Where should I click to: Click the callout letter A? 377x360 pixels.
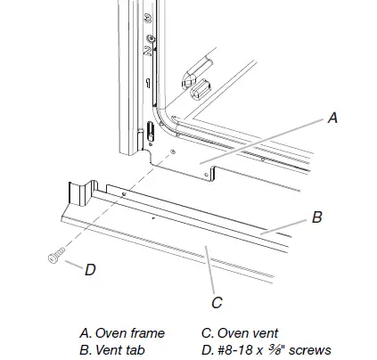pyautogui.click(x=333, y=118)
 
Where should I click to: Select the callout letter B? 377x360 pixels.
pyautogui.click(x=317, y=217)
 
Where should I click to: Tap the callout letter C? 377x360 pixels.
pyautogui.click(x=217, y=303)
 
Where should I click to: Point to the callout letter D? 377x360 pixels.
pyautogui.click(x=90, y=270)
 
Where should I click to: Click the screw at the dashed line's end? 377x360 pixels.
pyautogui.click(x=56, y=256)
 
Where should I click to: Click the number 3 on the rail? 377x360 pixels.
pyautogui.click(x=148, y=19)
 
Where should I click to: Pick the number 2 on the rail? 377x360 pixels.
pyautogui.click(x=147, y=51)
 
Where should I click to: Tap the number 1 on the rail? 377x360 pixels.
pyautogui.click(x=148, y=83)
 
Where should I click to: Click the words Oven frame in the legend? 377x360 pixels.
pyautogui.click(x=130, y=333)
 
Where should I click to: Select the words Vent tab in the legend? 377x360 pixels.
pyautogui.click(x=120, y=350)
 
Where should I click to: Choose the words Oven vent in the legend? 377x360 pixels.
pyautogui.click(x=248, y=333)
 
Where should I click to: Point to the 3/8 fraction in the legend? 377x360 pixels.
pyautogui.click(x=275, y=349)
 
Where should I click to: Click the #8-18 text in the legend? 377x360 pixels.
pyautogui.click(x=236, y=350)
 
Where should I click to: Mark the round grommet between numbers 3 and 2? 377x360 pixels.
pyautogui.click(x=151, y=38)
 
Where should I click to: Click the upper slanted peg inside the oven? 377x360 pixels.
pyautogui.click(x=197, y=72)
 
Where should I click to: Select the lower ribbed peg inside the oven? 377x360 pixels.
pyautogui.click(x=201, y=89)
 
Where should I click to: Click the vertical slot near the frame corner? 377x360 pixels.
pyautogui.click(x=151, y=131)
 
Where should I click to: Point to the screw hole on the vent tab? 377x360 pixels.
pyautogui.click(x=124, y=194)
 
